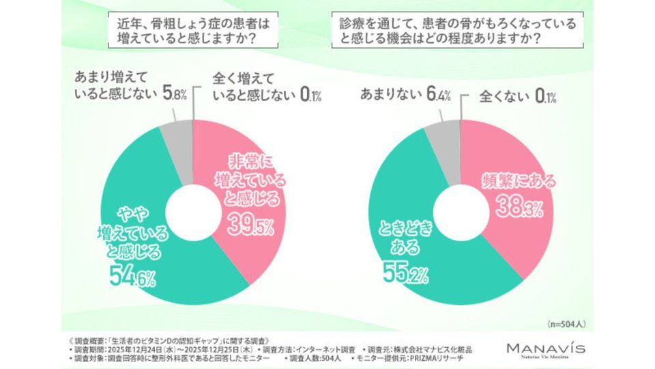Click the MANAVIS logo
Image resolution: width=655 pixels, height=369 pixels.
tap(545, 348)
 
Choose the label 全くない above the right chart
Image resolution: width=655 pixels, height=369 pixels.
tap(506, 95)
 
